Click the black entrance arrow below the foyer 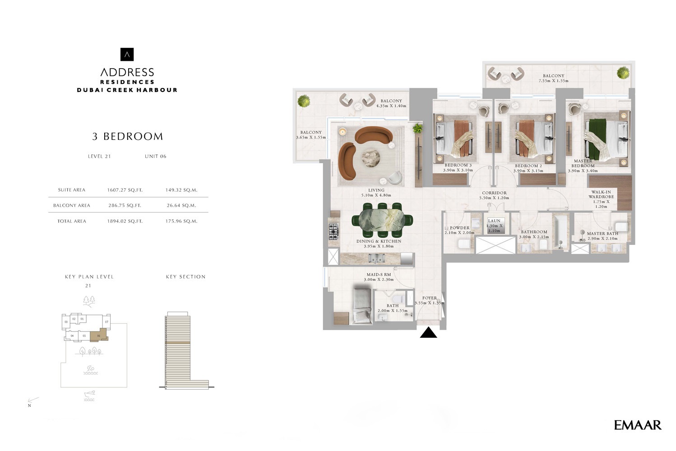pyautogui.click(x=428, y=333)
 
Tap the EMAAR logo pyautogui.click(x=637, y=425)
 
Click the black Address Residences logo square pyautogui.click(x=127, y=55)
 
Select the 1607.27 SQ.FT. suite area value pyautogui.click(x=125, y=190)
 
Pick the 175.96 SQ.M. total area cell pyautogui.click(x=181, y=221)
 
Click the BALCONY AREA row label pyautogui.click(x=72, y=205)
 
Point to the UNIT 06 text pyautogui.click(x=155, y=156)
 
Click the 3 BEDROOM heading pyautogui.click(x=127, y=136)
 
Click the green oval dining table pyautogui.click(x=382, y=220)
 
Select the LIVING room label pyautogui.click(x=376, y=190)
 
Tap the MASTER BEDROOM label pyautogui.click(x=583, y=163)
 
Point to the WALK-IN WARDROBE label pyautogui.click(x=601, y=194)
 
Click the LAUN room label pyautogui.click(x=494, y=221)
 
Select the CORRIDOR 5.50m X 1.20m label pyautogui.click(x=494, y=195)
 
